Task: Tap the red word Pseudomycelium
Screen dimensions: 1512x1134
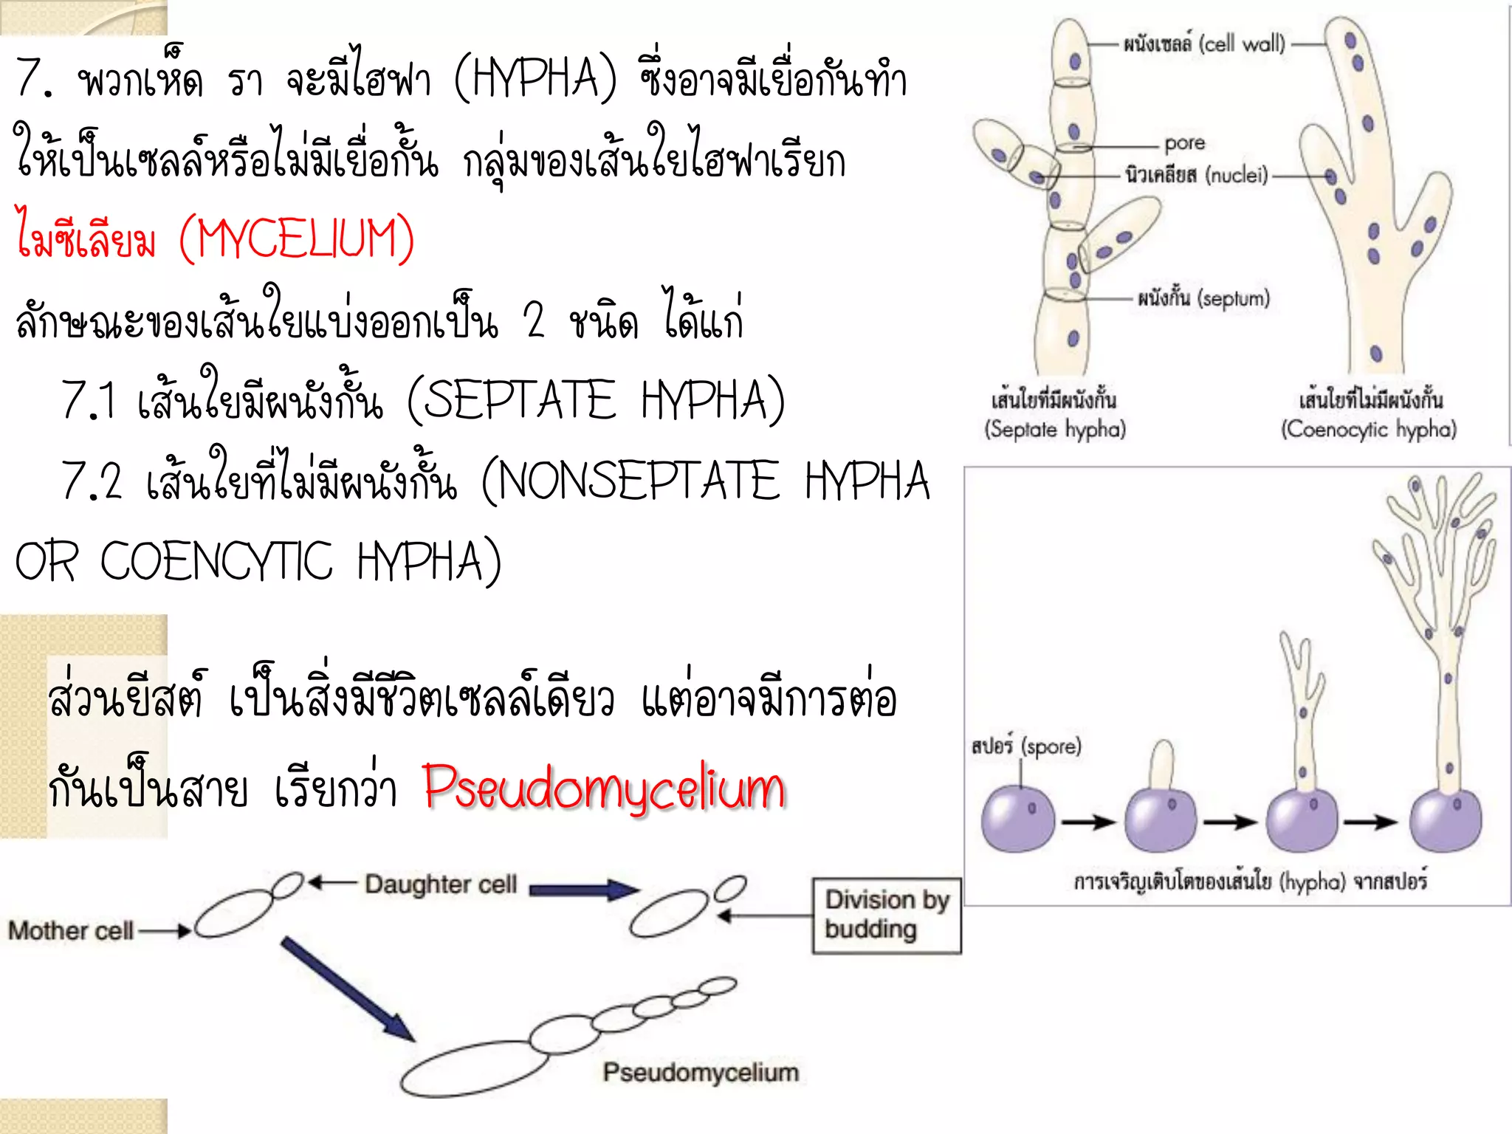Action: click(605, 788)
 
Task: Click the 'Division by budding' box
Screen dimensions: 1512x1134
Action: click(887, 915)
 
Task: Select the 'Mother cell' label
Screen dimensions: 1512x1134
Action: click(71, 930)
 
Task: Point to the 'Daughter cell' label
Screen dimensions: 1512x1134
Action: click(441, 884)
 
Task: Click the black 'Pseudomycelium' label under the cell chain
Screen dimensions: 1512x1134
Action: click(701, 1072)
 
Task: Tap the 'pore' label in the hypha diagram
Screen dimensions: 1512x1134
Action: click(1185, 142)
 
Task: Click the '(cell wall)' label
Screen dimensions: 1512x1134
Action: click(1242, 44)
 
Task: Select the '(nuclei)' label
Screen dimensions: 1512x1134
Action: click(1237, 175)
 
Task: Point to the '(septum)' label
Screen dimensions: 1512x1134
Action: click(1233, 298)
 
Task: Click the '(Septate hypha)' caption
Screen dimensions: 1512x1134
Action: click(1055, 429)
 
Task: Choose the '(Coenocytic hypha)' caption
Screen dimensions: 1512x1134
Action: click(1369, 429)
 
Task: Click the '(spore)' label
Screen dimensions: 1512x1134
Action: click(1051, 746)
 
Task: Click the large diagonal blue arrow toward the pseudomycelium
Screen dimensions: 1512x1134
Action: click(348, 989)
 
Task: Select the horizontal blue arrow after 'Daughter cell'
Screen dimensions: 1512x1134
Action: click(584, 890)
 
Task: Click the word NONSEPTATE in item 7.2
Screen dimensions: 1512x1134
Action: click(638, 480)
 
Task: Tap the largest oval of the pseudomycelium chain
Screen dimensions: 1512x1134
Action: click(475, 1068)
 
